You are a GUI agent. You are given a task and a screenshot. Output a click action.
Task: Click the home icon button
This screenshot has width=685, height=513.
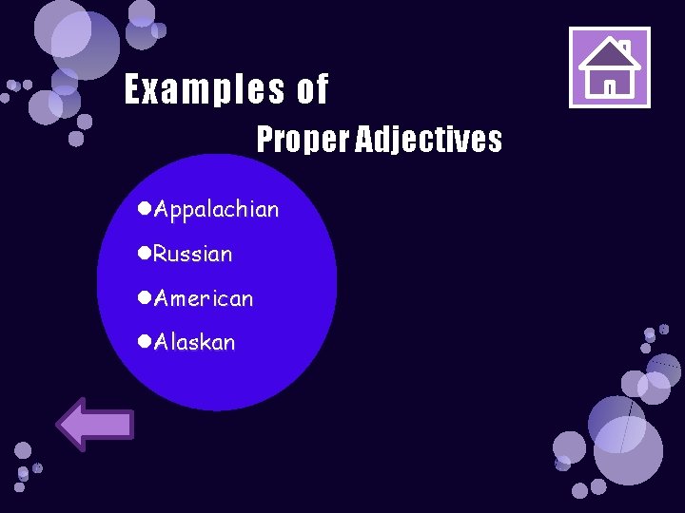[x=609, y=67]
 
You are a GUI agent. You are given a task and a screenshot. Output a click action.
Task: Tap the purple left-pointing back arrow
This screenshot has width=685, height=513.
[x=95, y=424]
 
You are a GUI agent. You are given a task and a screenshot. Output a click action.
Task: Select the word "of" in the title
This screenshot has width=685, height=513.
[x=313, y=91]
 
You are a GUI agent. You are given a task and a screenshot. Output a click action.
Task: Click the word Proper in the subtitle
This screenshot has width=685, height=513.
[x=303, y=141]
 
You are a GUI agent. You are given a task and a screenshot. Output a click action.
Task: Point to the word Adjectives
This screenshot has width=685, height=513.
[x=429, y=141]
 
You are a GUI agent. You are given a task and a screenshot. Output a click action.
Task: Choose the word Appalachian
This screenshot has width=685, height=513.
[x=217, y=209]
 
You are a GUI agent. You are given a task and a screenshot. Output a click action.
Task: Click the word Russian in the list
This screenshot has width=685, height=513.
[x=193, y=254]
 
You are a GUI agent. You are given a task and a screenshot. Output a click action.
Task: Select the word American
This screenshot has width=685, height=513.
[x=204, y=298]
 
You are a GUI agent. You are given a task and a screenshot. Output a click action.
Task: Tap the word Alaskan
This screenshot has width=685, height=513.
[x=194, y=342]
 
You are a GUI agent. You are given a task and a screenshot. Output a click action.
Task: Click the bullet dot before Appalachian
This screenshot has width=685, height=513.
[x=144, y=208]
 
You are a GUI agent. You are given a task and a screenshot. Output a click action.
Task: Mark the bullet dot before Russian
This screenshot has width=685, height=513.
[x=144, y=253]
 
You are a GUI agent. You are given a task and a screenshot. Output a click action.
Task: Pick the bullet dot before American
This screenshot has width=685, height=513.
[x=144, y=297]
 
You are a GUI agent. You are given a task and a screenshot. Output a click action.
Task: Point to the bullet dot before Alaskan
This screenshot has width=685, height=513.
[x=144, y=341]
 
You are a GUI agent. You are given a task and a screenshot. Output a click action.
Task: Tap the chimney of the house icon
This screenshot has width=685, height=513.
[x=625, y=47]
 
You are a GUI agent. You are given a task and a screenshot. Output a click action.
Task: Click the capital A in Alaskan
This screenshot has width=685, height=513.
[x=162, y=342]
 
